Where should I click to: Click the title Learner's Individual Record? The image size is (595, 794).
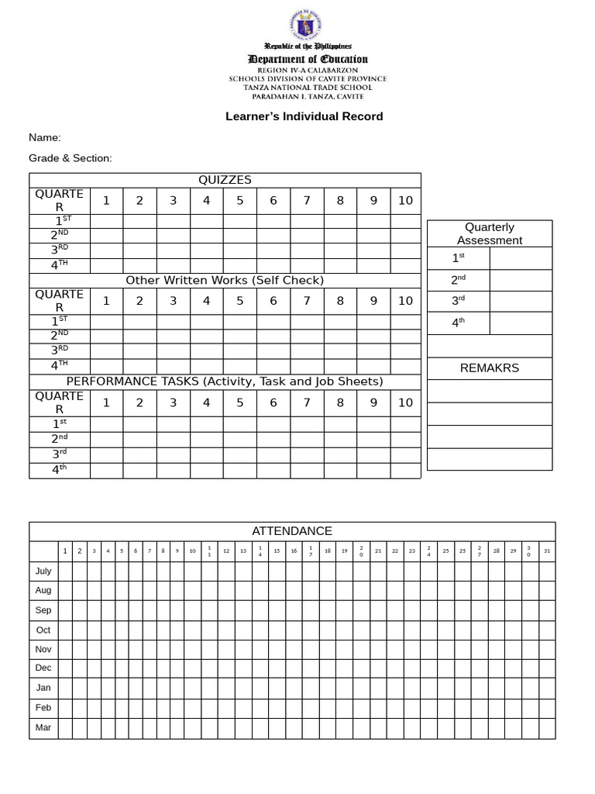(304, 116)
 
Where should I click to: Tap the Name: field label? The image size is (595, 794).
(45, 137)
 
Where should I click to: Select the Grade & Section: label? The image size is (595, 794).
(71, 158)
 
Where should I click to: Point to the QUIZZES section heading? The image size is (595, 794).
(225, 180)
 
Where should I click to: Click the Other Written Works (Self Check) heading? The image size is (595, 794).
(225, 280)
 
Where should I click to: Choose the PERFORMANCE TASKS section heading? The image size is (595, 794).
(225, 381)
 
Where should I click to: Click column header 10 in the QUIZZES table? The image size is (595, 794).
(405, 201)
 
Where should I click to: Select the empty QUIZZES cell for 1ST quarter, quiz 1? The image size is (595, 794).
(107, 221)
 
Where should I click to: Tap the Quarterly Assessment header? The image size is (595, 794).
(490, 233)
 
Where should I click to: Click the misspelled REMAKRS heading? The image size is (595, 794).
(490, 368)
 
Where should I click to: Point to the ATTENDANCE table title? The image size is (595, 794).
(292, 531)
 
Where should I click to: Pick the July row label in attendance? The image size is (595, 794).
(43, 571)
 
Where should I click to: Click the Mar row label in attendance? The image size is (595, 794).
(43, 728)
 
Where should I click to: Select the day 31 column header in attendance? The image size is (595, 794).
(547, 551)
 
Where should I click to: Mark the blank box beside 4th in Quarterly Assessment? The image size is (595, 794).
(521, 323)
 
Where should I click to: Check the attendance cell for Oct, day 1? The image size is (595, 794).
(65, 630)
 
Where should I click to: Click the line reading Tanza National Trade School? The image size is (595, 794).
(308, 88)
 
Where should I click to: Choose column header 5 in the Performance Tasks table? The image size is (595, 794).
(239, 403)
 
